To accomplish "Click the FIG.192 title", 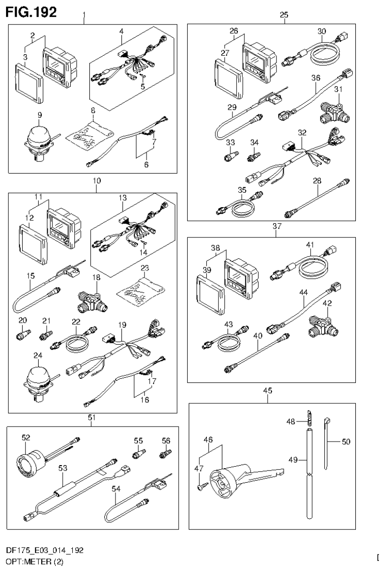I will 31,11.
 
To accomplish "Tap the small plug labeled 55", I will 136,455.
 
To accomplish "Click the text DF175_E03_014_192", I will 45,551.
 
